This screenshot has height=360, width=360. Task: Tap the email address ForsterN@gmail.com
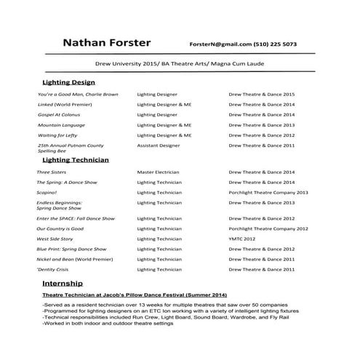click(x=220, y=44)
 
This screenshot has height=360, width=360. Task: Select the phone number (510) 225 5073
click(x=275, y=44)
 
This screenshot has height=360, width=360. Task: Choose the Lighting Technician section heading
click(x=76, y=159)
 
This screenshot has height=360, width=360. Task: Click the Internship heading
click(x=63, y=282)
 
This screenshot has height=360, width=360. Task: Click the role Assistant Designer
click(x=158, y=145)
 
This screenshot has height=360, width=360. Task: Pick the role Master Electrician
click(x=158, y=172)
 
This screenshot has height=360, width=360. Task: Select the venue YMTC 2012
click(x=242, y=239)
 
